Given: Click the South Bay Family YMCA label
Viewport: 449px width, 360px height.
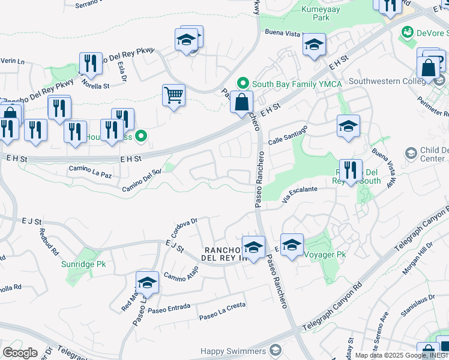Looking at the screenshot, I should (x=288, y=84).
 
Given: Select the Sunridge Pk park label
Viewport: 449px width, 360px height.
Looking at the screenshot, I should (x=83, y=263).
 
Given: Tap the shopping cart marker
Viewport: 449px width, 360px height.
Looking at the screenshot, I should (x=173, y=95).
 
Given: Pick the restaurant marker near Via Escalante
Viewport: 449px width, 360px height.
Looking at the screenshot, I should (x=351, y=170).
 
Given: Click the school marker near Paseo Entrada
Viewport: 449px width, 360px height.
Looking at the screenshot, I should (x=147, y=283).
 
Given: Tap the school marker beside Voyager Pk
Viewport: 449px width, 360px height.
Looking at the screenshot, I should (x=292, y=245).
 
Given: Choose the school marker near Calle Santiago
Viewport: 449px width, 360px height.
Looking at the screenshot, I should (x=348, y=126).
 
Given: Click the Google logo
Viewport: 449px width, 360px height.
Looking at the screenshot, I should (x=20, y=352).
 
